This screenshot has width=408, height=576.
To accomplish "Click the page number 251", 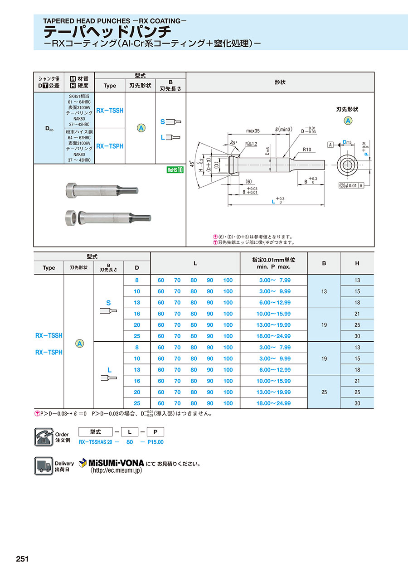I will tap(22, 559).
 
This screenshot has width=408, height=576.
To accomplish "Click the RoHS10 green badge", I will tap(175, 170).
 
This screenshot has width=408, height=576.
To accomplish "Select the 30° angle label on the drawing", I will tap(233, 142).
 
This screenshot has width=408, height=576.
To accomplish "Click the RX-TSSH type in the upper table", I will tap(110, 110).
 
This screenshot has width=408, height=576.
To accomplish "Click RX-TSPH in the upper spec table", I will tap(110, 146).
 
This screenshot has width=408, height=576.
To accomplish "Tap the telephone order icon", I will tap(44, 437).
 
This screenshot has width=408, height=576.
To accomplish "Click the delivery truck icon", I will tap(44, 466).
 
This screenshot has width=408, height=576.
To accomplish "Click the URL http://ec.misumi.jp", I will tap(117, 471).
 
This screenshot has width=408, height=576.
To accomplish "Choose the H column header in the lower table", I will tap(357, 263).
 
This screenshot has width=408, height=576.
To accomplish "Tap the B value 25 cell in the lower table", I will tap(324, 392).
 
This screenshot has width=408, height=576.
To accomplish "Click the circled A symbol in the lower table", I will tap(79, 344).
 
